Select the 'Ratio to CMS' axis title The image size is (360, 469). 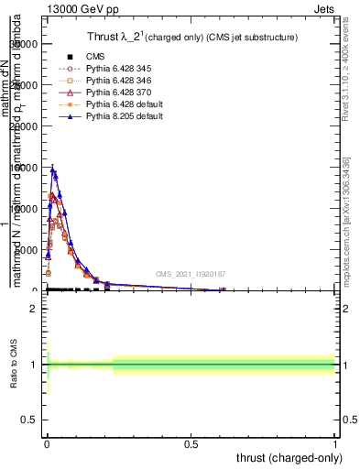coord(14,365)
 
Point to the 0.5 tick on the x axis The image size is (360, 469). coord(191,443)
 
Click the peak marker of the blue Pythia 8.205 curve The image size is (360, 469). coord(53,169)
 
